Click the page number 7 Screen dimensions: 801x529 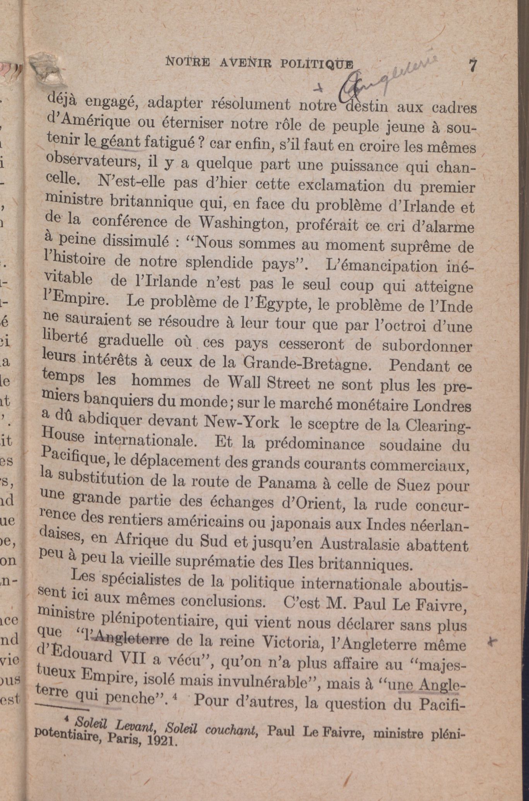click(472, 65)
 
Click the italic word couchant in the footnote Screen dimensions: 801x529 click(231, 730)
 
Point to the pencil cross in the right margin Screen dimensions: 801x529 click(492, 642)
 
